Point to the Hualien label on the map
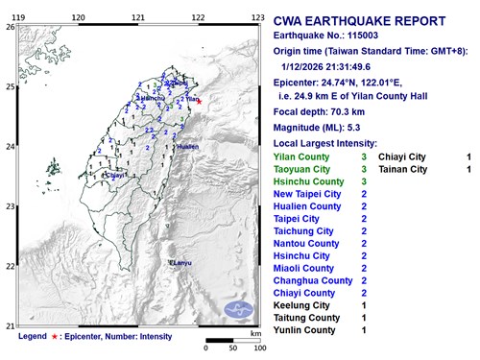[186, 147]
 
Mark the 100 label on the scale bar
[258, 347]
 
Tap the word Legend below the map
[32, 337]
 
